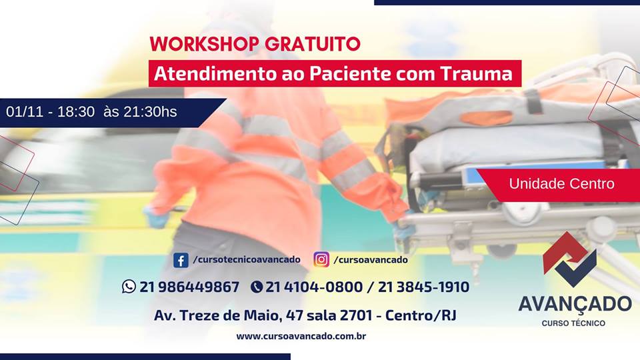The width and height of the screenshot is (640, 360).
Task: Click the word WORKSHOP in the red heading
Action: pos(204,44)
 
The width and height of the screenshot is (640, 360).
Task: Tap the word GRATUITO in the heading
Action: pos(313,44)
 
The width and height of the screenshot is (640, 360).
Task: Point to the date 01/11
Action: pos(25,112)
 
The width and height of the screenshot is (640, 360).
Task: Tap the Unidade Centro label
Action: pos(561,184)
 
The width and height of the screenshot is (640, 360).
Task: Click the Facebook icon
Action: pos(181,260)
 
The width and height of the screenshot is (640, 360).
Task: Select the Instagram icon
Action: pos(321,259)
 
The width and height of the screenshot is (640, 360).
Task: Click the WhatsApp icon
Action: pos(129,287)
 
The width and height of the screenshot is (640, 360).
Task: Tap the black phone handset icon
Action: pos(256,287)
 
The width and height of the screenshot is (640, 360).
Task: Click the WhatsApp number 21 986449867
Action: pos(189,287)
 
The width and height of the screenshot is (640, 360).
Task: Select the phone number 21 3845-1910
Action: pos(424,287)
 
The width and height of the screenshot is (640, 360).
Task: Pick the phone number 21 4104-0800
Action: pos(314,287)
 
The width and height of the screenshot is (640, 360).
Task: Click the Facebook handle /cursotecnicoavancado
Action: pos(247,259)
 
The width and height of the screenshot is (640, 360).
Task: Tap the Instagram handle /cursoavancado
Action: pos(371,259)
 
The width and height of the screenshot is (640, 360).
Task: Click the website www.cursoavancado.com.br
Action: pos(301,336)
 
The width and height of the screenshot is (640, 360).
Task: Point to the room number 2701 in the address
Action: pos(356,315)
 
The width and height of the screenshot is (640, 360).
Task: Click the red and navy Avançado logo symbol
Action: pos(570,259)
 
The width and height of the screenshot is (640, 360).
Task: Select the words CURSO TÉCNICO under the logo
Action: pos(573,323)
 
